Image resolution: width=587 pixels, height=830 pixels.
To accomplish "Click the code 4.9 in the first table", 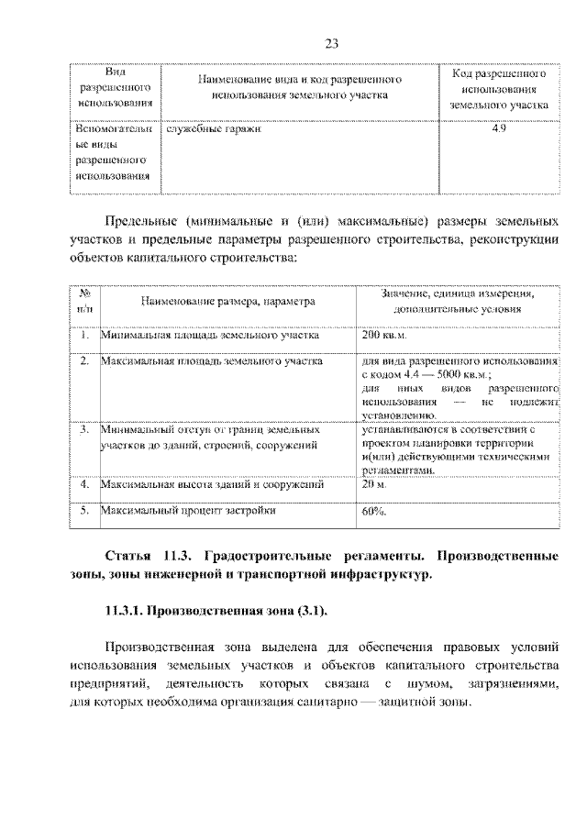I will [x=498, y=129].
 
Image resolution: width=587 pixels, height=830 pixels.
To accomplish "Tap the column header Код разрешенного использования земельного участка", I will [x=498, y=89].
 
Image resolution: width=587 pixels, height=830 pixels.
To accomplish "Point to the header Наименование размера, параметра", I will [x=228, y=301].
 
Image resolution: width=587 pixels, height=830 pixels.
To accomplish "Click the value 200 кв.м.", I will [x=383, y=336].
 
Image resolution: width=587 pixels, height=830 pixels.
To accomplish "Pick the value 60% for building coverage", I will [x=374, y=512].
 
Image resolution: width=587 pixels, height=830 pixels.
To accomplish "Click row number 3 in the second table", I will [x=83, y=428].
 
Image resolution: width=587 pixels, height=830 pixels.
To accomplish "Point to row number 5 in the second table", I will [x=83, y=510].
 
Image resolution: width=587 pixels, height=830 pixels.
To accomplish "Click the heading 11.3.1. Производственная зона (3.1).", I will [x=216, y=610].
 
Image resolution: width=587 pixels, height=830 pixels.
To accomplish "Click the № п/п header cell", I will [x=84, y=301].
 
